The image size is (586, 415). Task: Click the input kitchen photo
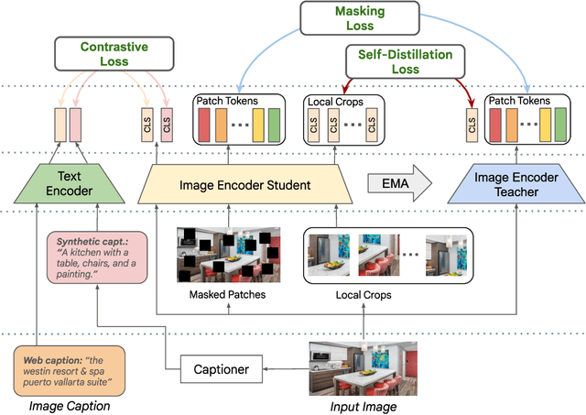pyautogui.click(x=363, y=366)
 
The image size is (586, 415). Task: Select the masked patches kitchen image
pyautogui.click(x=228, y=255)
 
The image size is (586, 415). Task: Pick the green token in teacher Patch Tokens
pyautogui.click(x=559, y=126)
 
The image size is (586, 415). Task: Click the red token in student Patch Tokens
pyautogui.click(x=204, y=126)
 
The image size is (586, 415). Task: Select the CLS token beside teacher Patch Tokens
pyautogui.click(x=472, y=126)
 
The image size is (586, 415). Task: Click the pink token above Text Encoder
pyautogui.click(x=74, y=126)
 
